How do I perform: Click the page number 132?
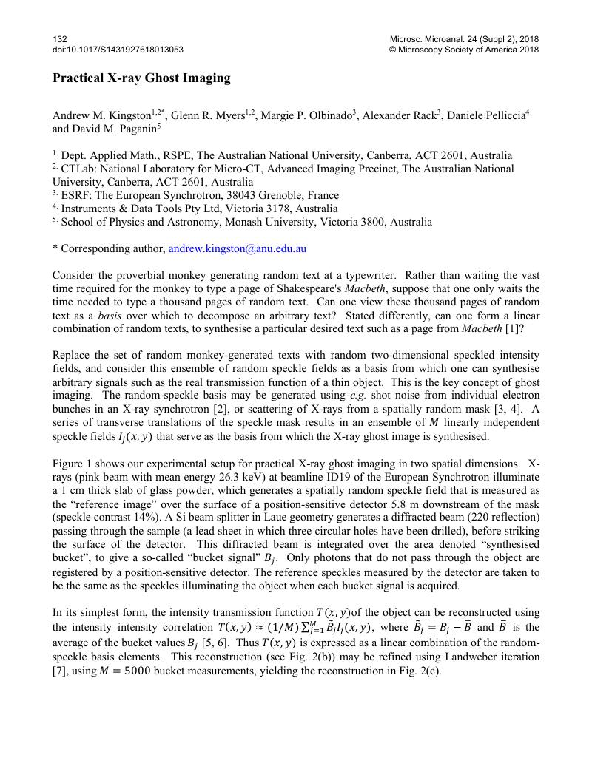60,38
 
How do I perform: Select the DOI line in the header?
118,50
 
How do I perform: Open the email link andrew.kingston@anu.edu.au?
237,249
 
